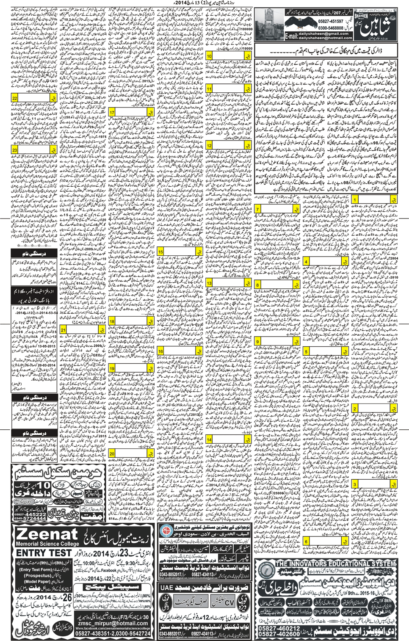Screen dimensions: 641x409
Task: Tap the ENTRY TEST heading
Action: click(x=44, y=553)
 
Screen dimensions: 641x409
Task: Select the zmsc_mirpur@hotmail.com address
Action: click(x=112, y=623)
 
